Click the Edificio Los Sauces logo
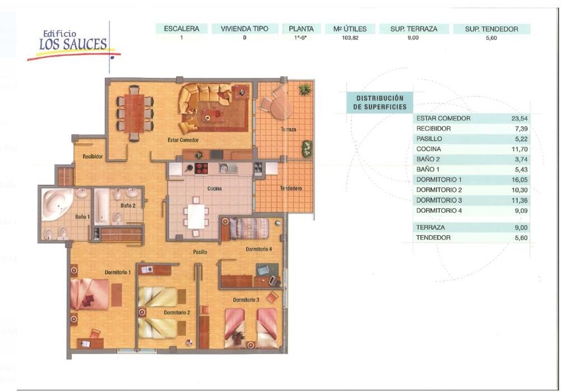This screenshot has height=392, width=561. [73, 45]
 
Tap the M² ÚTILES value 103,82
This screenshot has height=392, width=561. [350, 38]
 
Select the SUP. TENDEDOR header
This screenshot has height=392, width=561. [492, 29]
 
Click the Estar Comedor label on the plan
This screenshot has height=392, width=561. [183, 140]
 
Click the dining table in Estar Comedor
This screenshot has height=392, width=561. [134, 113]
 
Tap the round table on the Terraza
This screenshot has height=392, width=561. [281, 108]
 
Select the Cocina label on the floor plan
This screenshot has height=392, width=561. [214, 189]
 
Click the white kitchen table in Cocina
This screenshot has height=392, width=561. [196, 216]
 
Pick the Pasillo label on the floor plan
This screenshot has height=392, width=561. [200, 252]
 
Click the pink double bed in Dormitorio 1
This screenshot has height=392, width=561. [90, 294]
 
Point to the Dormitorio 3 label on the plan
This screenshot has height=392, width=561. [246, 300]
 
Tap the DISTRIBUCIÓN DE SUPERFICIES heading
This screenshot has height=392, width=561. [379, 102]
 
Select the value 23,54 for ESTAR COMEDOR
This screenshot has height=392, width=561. [520, 119]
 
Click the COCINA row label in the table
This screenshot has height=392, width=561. [429, 149]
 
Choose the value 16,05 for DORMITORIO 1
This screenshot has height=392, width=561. [520, 180]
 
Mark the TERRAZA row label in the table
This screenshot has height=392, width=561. [430, 227]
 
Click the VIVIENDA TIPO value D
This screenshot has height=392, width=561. [245, 38]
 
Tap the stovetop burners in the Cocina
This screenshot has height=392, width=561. [201, 169]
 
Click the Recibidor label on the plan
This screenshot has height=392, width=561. [92, 156]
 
